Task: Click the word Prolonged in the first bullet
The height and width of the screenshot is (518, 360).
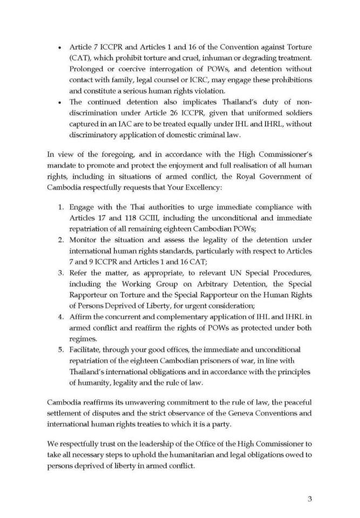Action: pyautogui.click(x=87, y=69)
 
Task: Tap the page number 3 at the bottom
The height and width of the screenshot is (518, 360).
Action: pyautogui.click(x=309, y=499)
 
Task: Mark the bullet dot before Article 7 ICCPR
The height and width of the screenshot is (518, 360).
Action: pyautogui.click(x=58, y=49)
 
